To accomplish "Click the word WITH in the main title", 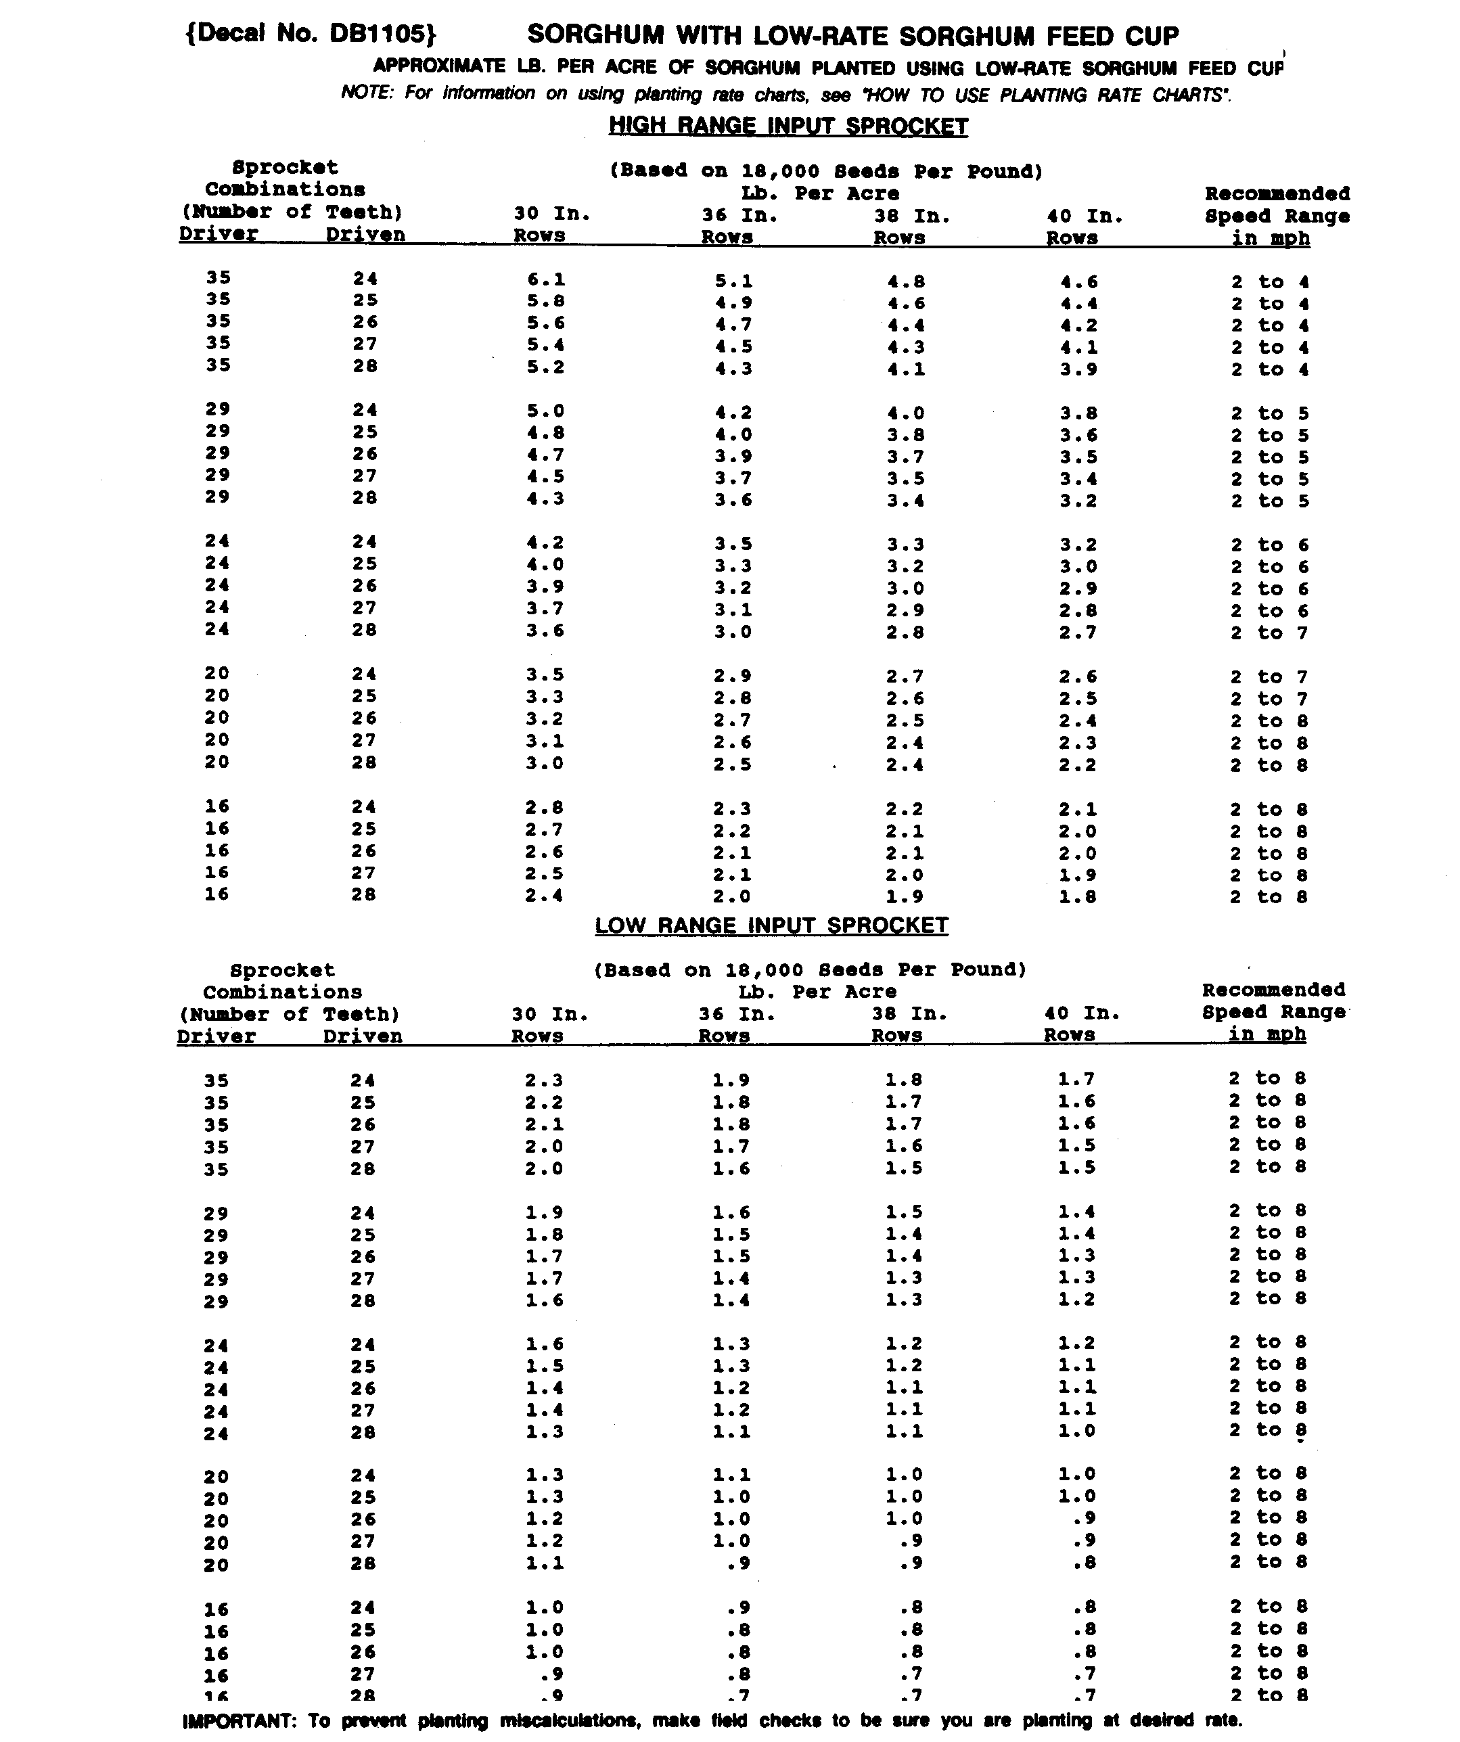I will pos(711,36).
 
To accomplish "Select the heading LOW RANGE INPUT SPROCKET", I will pos(771,925).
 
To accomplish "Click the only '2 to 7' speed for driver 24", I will pos(1269,633).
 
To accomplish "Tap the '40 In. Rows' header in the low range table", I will pos(1082,1024).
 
